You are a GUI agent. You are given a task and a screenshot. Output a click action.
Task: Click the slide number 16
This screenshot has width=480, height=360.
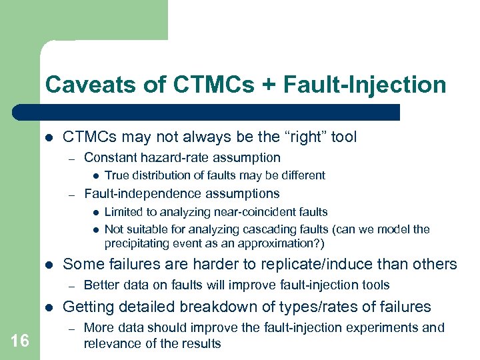tap(20, 341)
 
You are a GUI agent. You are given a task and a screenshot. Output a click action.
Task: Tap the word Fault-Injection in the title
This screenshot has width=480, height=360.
tap(364, 85)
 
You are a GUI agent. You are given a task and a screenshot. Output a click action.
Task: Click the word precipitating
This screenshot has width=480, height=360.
tap(135, 243)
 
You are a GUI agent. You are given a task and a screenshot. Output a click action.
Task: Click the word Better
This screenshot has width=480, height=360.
tap(101, 285)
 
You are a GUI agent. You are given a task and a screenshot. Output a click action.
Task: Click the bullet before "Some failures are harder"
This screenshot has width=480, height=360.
tap(49, 265)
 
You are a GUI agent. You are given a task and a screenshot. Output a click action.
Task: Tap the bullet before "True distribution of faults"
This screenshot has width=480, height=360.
tap(96, 176)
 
